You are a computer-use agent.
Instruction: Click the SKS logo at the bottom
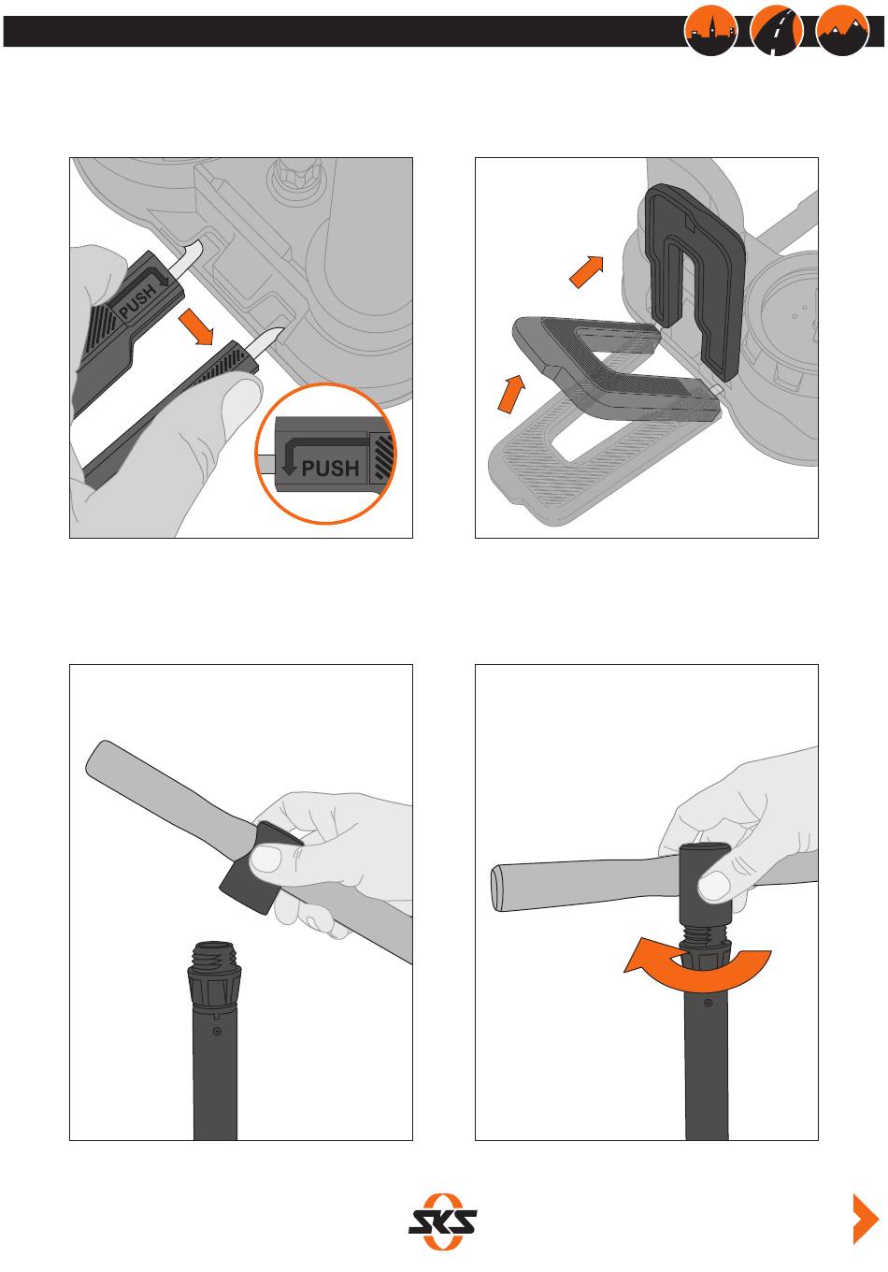point(442,1221)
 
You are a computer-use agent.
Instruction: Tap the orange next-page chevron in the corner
point(866,1219)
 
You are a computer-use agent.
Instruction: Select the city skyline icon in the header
point(711,30)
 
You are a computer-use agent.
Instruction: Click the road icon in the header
point(776,30)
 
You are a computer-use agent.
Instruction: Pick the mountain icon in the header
point(842,30)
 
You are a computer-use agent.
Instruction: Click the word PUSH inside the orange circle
point(330,469)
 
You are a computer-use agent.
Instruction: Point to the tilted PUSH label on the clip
point(137,301)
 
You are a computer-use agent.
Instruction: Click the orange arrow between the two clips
point(195,327)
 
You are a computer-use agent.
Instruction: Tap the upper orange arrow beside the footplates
point(586,271)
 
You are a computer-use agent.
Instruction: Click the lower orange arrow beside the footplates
point(512,393)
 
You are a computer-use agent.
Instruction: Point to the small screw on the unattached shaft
point(217,1031)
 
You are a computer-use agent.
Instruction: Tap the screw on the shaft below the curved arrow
point(708,1003)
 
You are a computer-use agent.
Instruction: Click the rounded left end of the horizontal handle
point(496,889)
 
